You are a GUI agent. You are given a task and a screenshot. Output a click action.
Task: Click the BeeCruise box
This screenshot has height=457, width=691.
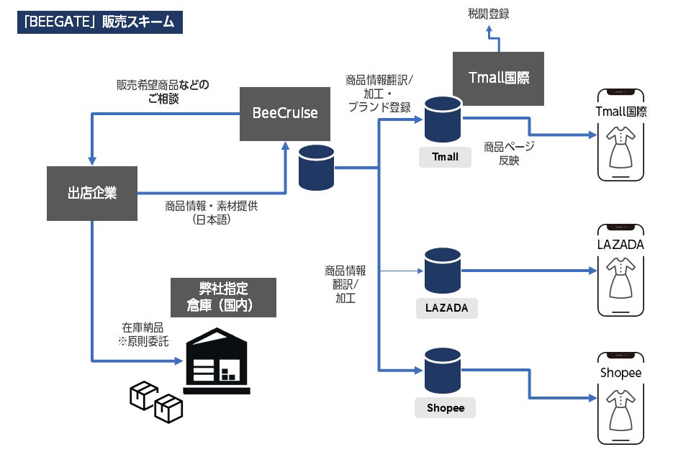285,114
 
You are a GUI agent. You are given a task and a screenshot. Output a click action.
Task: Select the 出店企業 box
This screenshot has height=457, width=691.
91,193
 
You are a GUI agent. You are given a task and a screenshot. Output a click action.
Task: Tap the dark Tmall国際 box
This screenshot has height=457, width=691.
498,78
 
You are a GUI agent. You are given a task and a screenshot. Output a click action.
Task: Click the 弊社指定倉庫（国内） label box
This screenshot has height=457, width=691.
223,297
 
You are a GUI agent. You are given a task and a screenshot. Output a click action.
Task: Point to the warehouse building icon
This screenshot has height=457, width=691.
217,361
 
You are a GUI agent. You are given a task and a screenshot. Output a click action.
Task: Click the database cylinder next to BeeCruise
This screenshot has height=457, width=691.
317,167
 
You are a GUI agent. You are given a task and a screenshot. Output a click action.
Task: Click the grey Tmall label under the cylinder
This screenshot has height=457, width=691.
444,157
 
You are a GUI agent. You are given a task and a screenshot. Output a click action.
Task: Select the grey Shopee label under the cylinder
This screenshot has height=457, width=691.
445,408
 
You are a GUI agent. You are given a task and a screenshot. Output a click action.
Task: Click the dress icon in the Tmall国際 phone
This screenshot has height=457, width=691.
620,147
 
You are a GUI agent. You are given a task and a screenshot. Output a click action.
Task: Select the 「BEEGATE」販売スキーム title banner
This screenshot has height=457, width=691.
100,22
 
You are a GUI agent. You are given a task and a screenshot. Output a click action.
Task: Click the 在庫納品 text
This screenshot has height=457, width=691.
142,327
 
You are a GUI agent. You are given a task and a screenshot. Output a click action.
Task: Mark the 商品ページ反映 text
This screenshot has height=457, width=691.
509,153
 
